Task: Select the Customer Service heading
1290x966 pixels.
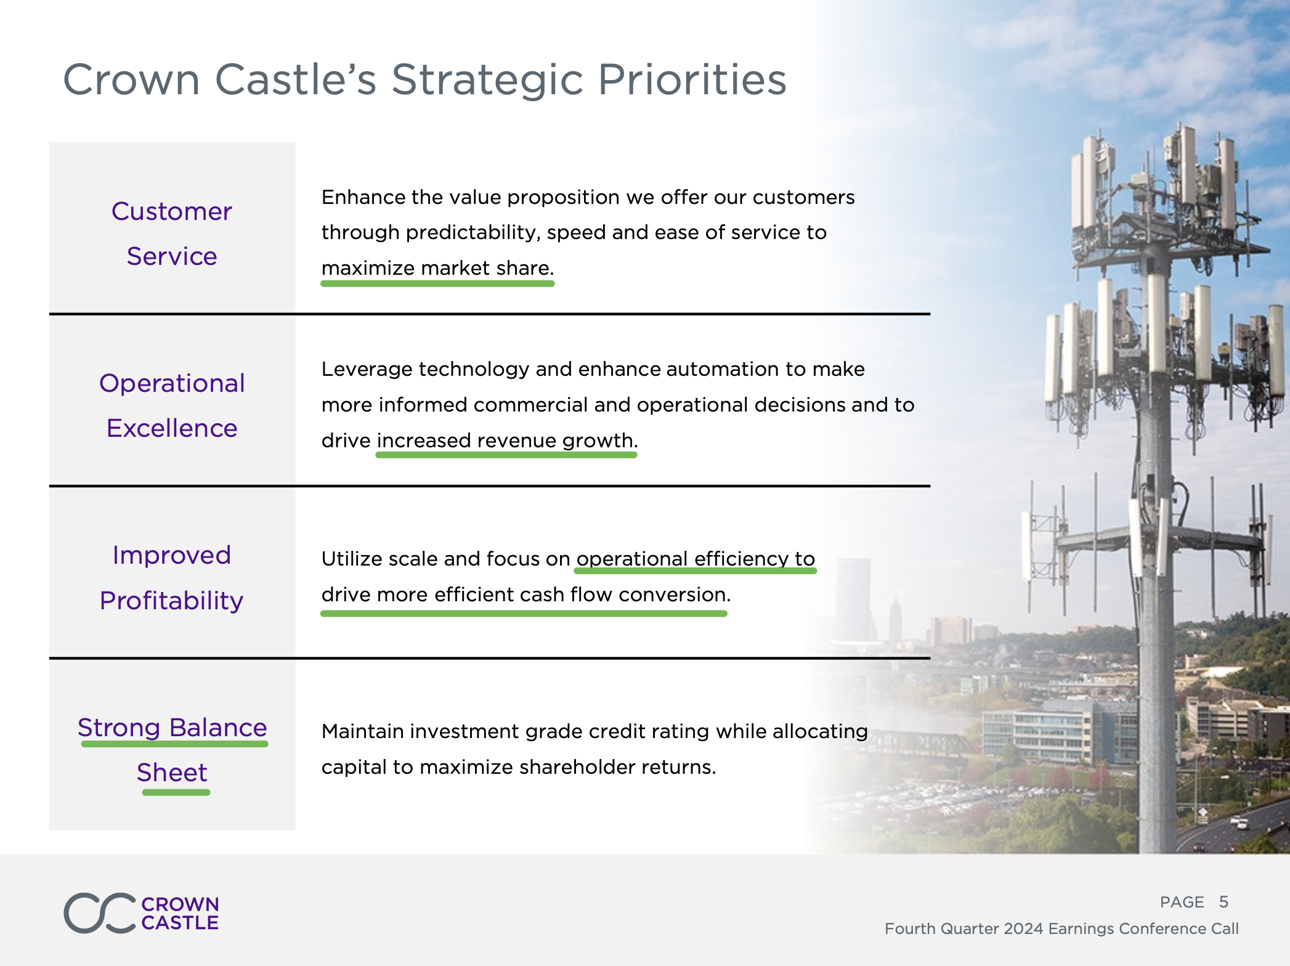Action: [172, 233]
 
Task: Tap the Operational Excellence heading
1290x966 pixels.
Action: [172, 405]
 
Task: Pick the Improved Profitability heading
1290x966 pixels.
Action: [172, 578]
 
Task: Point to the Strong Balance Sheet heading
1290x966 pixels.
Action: [172, 750]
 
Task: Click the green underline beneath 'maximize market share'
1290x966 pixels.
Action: [437, 283]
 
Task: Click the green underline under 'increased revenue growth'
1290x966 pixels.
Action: [506, 455]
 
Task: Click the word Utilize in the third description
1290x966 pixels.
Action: [351, 559]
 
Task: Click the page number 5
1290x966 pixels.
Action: [1223, 902]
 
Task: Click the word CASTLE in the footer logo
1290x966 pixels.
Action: [180, 923]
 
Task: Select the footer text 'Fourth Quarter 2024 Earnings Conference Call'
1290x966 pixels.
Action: [1061, 928]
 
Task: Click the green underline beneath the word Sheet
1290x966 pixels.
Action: [176, 792]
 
